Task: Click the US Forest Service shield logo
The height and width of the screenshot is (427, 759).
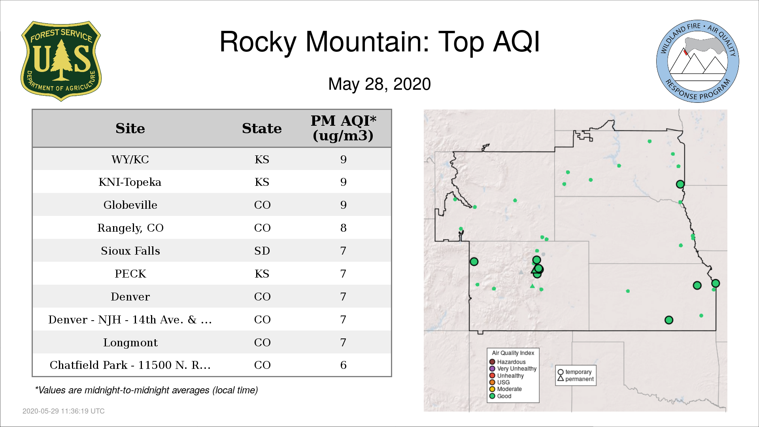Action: (x=61, y=61)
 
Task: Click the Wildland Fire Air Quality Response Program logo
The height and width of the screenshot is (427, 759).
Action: (x=697, y=61)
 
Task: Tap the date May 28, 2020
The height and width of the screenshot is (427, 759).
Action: (x=379, y=84)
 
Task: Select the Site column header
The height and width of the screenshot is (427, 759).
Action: (x=130, y=128)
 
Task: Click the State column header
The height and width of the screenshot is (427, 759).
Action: (x=262, y=128)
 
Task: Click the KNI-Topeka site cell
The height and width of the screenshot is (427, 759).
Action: (x=130, y=182)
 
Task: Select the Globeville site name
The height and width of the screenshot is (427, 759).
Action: (x=130, y=205)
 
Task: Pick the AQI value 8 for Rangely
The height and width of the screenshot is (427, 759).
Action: (x=343, y=228)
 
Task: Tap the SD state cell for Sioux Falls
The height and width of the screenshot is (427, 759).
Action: (x=262, y=251)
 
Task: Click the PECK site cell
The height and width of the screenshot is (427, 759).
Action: (x=130, y=274)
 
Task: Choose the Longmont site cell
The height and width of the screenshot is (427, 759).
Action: (x=130, y=343)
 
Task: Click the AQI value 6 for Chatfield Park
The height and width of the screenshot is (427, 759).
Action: (x=343, y=365)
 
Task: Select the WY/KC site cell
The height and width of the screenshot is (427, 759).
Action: (x=130, y=160)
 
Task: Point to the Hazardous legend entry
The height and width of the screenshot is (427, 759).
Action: (x=508, y=362)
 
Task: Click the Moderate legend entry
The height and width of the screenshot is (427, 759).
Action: (x=506, y=389)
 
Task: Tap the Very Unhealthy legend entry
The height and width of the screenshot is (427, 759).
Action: (x=513, y=368)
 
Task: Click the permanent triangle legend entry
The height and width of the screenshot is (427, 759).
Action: (x=576, y=379)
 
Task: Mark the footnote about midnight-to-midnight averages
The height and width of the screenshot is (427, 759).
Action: (x=146, y=390)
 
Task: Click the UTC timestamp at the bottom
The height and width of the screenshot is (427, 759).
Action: (x=64, y=411)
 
